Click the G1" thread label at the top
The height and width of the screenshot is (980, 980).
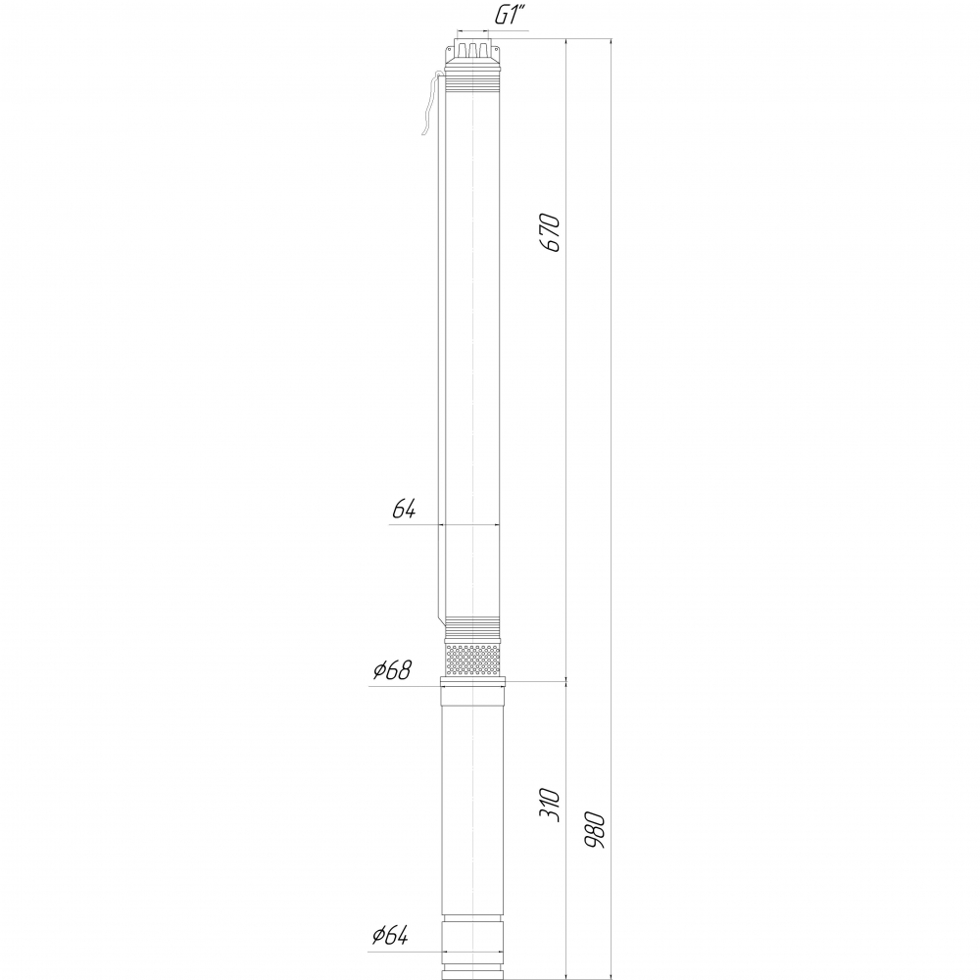coord(510,16)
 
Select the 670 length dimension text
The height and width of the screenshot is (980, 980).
coord(550,232)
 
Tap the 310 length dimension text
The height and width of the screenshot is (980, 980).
coord(550,805)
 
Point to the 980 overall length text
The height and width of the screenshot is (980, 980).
coord(595,830)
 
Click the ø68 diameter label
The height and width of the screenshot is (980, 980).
coord(393,670)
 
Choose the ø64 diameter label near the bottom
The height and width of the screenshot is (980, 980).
coord(390,936)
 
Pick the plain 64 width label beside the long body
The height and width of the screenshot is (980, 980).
coord(404,510)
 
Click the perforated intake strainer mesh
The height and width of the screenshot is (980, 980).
coord(473,660)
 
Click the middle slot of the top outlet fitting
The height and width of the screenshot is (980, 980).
coord(473,49)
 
